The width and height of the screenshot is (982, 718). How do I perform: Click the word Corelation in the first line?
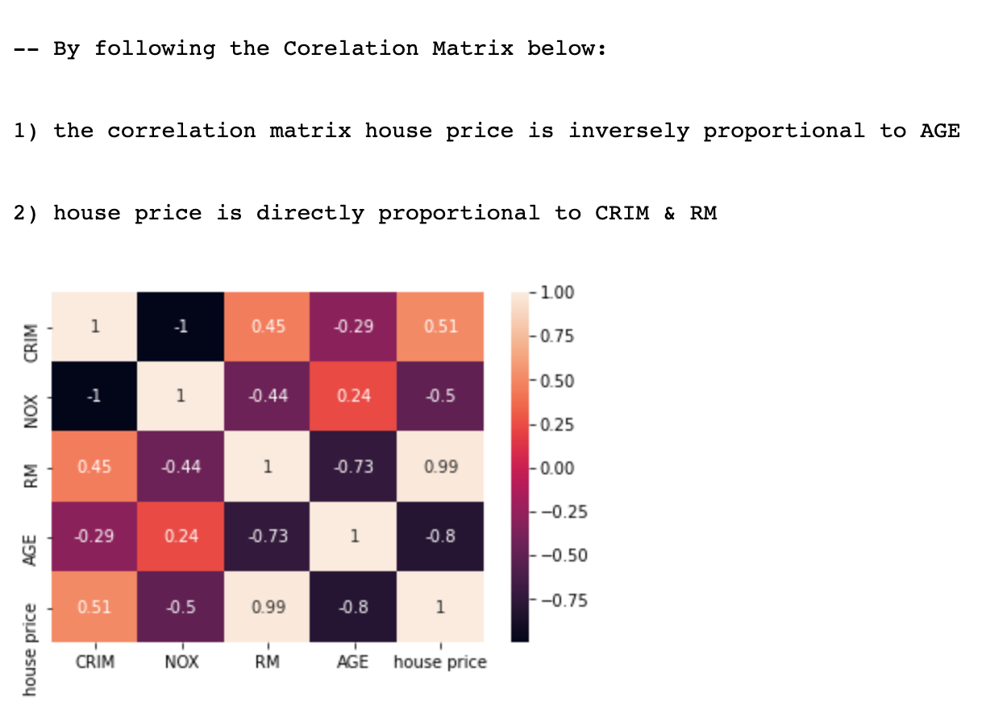[351, 48]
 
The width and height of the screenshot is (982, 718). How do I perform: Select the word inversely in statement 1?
[628, 131]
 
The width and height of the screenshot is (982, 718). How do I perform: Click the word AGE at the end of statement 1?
[940, 131]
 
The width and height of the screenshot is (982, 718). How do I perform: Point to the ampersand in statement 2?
[669, 213]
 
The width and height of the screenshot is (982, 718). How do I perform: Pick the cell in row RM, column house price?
[440, 467]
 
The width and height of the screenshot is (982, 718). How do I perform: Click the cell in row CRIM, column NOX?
[181, 327]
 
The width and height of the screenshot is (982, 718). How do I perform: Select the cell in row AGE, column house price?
[440, 536]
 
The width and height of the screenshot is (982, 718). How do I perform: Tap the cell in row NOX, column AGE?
[354, 397]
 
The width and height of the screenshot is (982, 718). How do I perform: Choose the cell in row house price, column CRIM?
[95, 607]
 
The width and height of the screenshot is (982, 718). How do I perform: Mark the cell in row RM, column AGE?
[354, 467]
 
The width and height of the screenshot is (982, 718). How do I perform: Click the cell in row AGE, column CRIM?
[95, 536]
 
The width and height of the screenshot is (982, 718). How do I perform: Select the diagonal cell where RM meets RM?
[268, 467]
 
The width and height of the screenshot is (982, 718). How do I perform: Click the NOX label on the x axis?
[181, 662]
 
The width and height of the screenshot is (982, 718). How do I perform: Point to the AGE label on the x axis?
[354, 662]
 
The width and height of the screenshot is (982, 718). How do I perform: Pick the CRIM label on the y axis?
[31, 342]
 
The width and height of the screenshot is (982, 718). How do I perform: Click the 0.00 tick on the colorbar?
[557, 468]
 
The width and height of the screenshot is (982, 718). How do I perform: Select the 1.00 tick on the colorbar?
[557, 293]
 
